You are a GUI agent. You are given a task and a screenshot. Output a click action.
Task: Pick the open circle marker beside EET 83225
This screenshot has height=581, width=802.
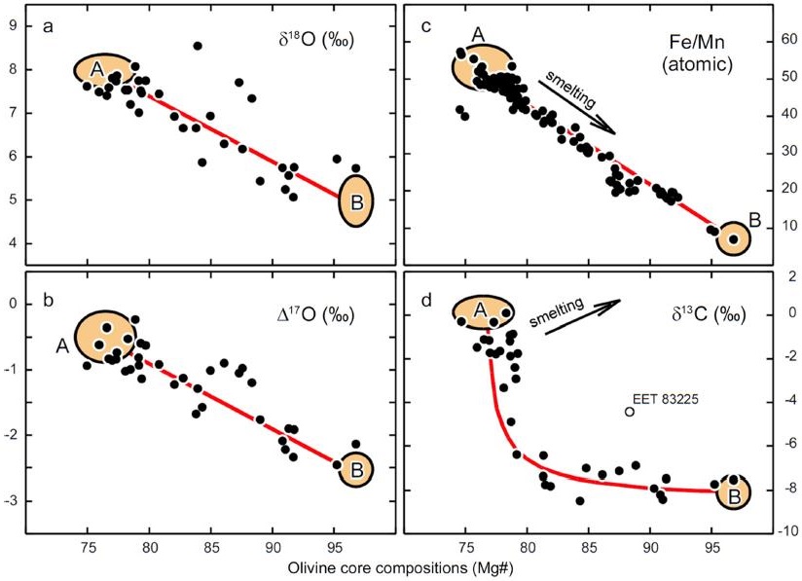click(x=629, y=411)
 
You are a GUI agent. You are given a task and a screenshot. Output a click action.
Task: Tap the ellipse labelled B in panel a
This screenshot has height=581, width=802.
click(x=356, y=200)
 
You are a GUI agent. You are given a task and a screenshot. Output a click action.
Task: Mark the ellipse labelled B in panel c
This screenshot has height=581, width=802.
click(x=734, y=238)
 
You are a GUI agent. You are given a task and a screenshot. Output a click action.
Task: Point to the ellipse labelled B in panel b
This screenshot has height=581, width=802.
click(x=356, y=471)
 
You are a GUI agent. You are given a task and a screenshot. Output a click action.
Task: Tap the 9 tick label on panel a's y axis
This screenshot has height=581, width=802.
click(x=13, y=25)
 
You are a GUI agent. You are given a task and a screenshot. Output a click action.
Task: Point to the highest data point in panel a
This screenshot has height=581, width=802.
click(x=198, y=46)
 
